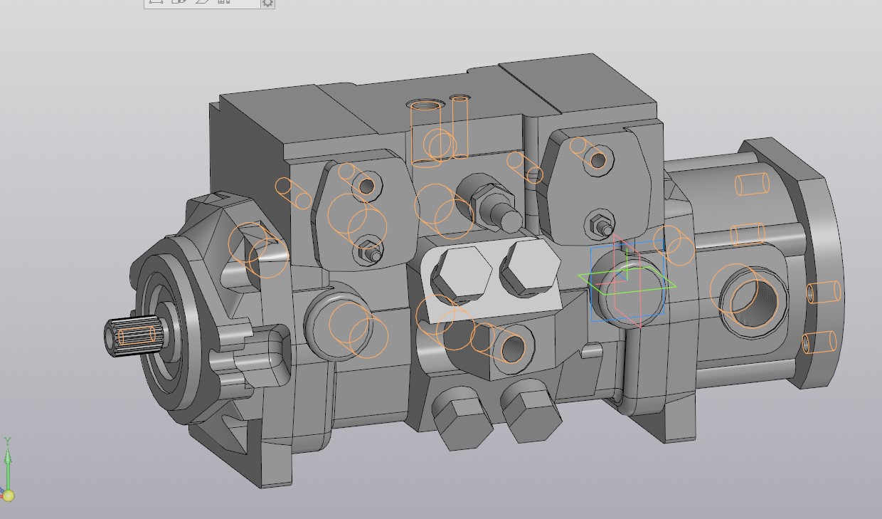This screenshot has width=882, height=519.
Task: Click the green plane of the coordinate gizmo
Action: [626, 281]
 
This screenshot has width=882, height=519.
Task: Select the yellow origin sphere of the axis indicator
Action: [9, 495]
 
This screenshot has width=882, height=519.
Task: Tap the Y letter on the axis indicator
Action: [8, 441]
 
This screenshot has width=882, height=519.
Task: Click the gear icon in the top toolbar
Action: [267, 3]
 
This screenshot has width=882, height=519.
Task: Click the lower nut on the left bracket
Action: [370, 251]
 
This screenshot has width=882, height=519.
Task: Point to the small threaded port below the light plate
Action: [513, 347]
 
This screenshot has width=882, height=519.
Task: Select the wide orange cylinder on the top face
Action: [427, 132]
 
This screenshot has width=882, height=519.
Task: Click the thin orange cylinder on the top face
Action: [459, 125]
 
